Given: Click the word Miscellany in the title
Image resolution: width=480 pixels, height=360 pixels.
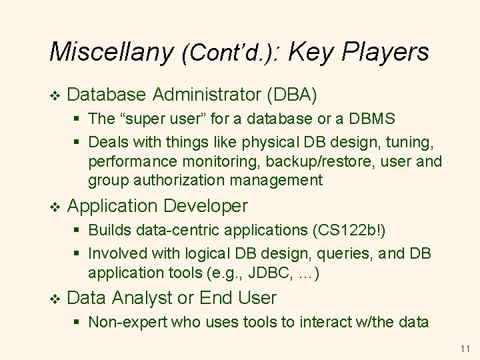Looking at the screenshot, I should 111,51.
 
